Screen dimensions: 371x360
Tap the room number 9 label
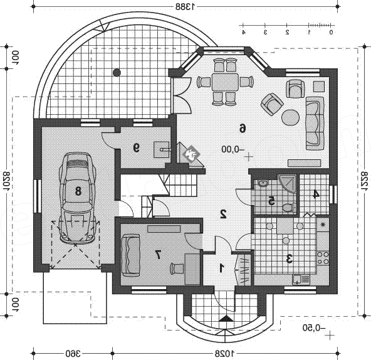pos(136,148)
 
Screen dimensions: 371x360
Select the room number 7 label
pos(158,255)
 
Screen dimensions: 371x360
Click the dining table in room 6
pos(225,82)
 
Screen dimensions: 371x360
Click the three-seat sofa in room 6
pos(315,123)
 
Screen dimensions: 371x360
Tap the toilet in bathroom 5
pos(289,207)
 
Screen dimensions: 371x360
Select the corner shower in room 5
pos(288,184)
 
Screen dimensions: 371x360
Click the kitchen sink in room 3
pos(301,280)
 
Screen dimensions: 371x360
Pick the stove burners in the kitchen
pos(323,258)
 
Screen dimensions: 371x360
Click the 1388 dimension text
pos(185,7)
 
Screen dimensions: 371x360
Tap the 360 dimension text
pos(73,354)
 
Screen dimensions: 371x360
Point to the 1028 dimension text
pos(224,354)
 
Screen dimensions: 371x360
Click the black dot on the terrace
pos(117,73)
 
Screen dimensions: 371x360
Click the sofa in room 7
pos(130,255)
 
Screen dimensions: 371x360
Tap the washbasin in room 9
pos(162,150)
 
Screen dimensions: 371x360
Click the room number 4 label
pos(316,194)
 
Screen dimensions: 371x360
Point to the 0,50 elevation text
pos(314,328)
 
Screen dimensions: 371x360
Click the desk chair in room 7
pos(177,269)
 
